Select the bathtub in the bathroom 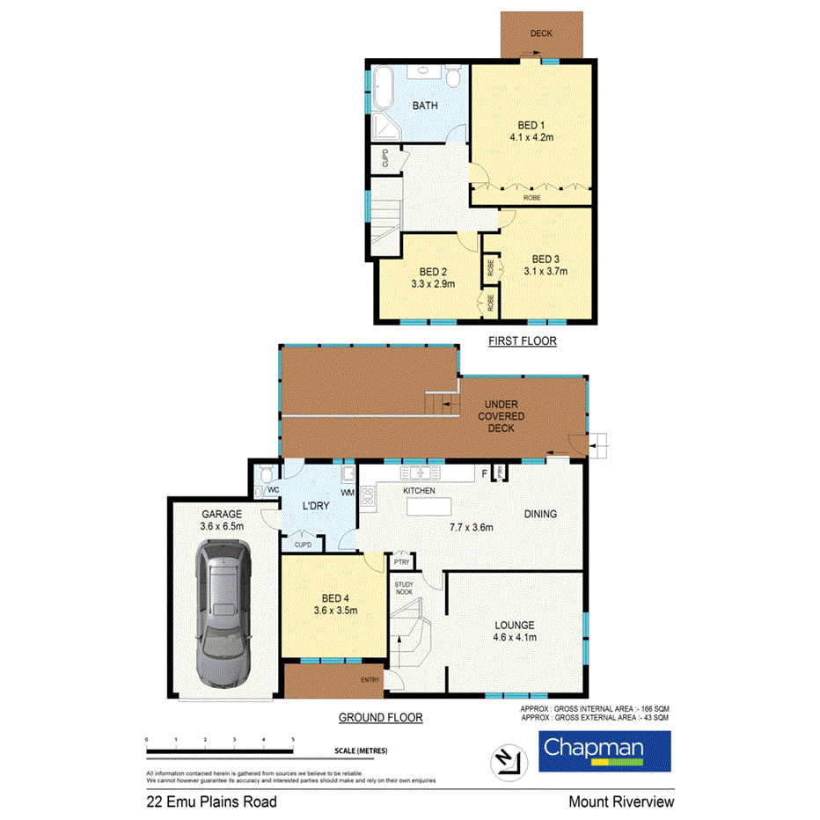383,89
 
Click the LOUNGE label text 514,626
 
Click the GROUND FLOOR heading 381,718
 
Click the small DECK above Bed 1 541,34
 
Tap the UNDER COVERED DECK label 502,416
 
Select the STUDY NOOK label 404,589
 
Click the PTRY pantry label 402,561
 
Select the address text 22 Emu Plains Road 211,802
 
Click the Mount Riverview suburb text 620,802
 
